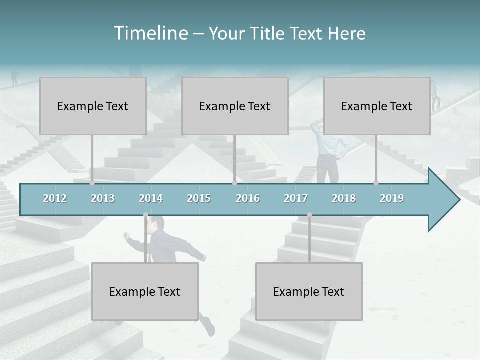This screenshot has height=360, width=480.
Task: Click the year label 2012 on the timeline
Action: pos(55,198)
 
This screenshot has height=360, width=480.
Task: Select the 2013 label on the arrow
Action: pos(103,198)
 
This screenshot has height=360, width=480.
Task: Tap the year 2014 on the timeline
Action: pos(151,198)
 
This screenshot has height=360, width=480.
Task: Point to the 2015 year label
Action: pos(199,198)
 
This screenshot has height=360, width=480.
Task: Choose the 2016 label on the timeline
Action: pos(247,198)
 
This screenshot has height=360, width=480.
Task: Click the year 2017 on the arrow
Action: pos(296,198)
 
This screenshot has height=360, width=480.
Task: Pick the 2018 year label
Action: pos(344,198)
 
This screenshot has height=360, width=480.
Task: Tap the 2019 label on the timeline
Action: pos(392,198)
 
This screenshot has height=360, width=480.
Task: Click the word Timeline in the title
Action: pos(150,33)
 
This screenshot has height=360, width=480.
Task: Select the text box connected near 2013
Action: pos(93,106)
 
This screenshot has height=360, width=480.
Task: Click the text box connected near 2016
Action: pos(235,106)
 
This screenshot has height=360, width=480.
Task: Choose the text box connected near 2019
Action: pos(377,106)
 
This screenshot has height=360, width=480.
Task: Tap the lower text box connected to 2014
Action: pos(145,291)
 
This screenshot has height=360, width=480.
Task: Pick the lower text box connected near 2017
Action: pos(309,291)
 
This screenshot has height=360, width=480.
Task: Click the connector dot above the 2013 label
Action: pos(92,183)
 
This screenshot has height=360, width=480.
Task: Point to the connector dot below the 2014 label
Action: pos(145,215)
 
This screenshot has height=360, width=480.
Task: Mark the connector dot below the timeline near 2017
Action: pos(309,215)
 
